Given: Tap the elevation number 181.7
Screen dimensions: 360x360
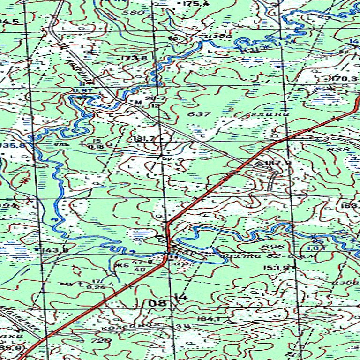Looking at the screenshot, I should [144, 139].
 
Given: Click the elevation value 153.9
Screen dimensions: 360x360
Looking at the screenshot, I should [276, 268].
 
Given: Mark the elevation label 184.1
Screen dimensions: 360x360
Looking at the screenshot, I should [209, 319].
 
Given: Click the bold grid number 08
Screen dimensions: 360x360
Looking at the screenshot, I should [157, 304].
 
